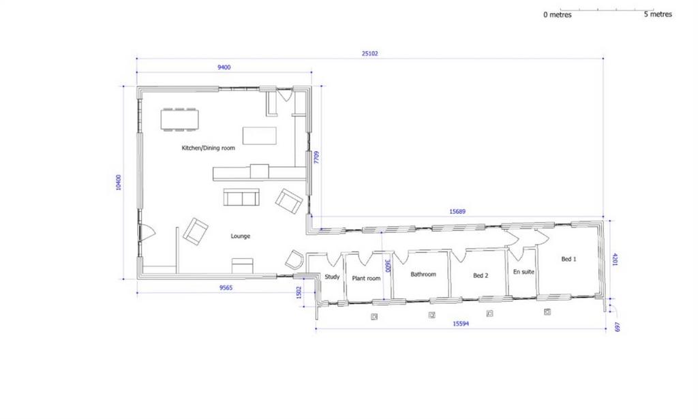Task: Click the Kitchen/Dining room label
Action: (208, 148)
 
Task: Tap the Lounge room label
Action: (241, 236)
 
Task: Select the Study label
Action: (332, 277)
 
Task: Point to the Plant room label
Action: (366, 279)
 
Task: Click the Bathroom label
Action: (423, 275)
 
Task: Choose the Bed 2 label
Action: (481, 276)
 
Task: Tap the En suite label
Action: (523, 272)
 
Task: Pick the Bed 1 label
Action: (568, 259)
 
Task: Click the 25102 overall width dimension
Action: (369, 53)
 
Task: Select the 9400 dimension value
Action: (224, 67)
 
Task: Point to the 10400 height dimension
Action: (119, 183)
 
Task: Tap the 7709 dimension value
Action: (316, 157)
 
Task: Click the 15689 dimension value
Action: (457, 212)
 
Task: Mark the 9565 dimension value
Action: (226, 288)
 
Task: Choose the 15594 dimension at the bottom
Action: (461, 324)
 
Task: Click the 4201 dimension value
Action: (616, 260)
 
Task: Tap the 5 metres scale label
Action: (658, 14)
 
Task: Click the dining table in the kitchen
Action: (179, 119)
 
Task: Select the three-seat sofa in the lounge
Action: (241, 197)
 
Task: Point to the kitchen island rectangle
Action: (259, 136)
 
